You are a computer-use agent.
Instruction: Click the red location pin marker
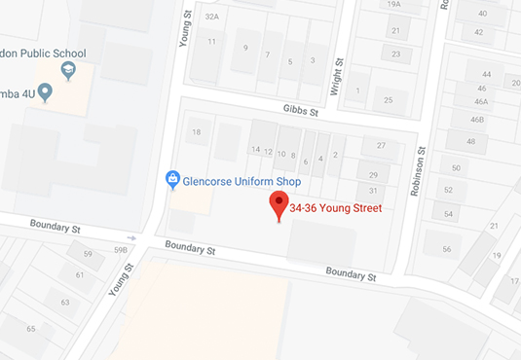(x=280, y=205)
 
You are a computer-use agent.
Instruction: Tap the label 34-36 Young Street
(x=335, y=207)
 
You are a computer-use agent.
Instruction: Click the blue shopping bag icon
(x=172, y=179)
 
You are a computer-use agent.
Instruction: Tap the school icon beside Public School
(x=68, y=70)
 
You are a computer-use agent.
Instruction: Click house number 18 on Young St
(x=197, y=132)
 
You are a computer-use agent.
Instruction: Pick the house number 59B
(x=121, y=250)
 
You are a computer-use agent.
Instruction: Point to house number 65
(x=31, y=329)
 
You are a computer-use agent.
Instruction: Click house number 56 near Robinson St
(x=446, y=249)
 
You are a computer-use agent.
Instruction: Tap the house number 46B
(x=477, y=120)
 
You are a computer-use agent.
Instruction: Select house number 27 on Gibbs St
(x=382, y=146)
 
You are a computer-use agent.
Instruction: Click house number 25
(x=389, y=100)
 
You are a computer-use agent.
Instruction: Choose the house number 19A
(x=394, y=5)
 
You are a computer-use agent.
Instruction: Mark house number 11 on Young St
(x=211, y=42)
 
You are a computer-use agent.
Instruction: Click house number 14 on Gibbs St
(x=255, y=150)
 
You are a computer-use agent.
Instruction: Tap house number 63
(x=65, y=303)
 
